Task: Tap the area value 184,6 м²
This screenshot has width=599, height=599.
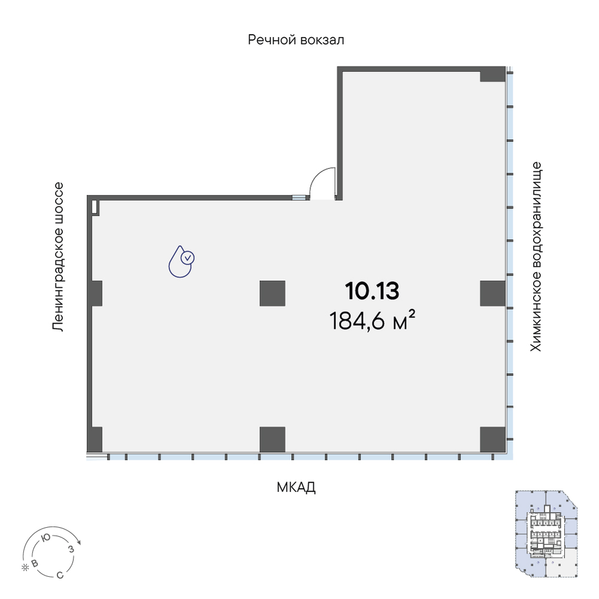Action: (x=372, y=320)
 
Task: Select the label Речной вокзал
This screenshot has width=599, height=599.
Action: (x=296, y=40)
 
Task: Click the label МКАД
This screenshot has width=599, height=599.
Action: (x=296, y=487)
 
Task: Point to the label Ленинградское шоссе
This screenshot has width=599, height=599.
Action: (x=58, y=257)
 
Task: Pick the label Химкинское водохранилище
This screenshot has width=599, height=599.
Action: (x=536, y=257)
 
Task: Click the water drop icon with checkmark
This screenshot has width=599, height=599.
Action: (x=181, y=261)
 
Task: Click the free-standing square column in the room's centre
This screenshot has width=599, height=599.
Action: (x=273, y=294)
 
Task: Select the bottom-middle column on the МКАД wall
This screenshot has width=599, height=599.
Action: (x=273, y=439)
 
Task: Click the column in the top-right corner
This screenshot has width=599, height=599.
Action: (x=492, y=74)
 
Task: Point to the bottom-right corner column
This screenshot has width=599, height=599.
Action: (x=492, y=439)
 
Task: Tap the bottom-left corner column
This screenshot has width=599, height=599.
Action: (x=95, y=439)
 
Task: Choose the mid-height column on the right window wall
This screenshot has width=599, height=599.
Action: (x=492, y=294)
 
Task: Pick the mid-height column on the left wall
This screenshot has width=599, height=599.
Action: (x=95, y=294)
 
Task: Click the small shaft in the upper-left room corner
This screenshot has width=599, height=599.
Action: (x=95, y=208)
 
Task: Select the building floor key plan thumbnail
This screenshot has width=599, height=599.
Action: (x=546, y=534)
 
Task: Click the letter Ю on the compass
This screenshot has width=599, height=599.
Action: (x=46, y=538)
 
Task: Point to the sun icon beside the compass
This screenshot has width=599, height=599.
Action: (x=25, y=568)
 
